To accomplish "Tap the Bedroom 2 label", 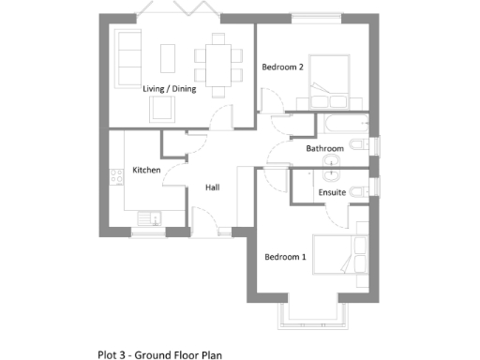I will click(282, 67).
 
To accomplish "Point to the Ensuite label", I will click(332, 192).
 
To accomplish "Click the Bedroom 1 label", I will click(284, 257).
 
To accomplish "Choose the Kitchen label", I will click(146, 170).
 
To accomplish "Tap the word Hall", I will click(213, 187).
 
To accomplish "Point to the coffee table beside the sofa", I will click(169, 57).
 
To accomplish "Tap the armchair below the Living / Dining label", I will click(162, 111).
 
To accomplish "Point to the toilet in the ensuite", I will click(362, 190).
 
